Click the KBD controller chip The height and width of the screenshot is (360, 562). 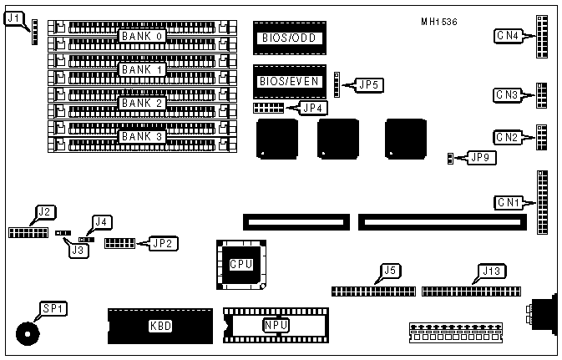coord(159,326)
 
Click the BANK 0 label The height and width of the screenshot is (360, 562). coord(143,37)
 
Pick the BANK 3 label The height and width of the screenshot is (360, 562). coord(143,135)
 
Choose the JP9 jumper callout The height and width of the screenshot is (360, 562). coord(482,156)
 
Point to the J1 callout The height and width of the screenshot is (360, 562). coord(15,17)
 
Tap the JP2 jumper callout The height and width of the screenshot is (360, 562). coord(164,243)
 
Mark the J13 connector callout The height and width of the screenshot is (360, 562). coord(490,270)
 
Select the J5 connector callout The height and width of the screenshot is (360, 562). coord(389,270)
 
